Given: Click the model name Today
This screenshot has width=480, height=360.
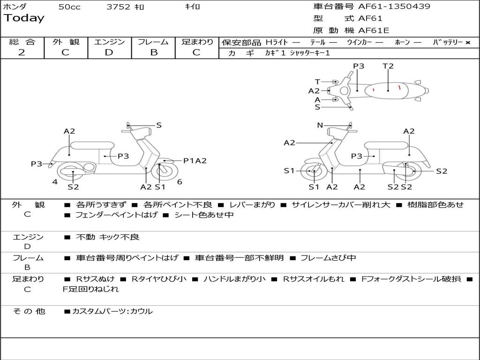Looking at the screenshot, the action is (24, 18).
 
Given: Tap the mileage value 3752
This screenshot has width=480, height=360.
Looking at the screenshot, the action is (119, 7).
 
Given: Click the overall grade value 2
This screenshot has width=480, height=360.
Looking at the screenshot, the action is (22, 52).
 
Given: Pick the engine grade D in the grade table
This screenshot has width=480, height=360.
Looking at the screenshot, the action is (109, 52).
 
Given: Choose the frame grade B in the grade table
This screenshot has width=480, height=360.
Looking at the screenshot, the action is (154, 52).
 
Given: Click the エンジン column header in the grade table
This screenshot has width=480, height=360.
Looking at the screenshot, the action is (109, 42).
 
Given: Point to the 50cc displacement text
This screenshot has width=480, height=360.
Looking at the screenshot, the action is (69, 7).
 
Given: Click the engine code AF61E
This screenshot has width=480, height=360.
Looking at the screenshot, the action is (374, 31).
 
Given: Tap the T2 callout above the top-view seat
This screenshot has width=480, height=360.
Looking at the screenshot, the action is (388, 66).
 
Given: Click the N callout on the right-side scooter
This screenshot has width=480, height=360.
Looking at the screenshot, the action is (320, 125).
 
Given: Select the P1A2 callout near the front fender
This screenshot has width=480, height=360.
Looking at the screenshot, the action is (195, 161).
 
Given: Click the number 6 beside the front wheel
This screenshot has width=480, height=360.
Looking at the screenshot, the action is (180, 182).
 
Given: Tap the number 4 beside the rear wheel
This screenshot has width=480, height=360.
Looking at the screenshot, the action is (55, 182).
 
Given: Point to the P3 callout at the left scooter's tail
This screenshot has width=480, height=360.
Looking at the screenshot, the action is (37, 164).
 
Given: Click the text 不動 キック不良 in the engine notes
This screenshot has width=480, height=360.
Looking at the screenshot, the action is (108, 237).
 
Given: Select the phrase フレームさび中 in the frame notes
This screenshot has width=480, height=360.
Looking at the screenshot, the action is (328, 258).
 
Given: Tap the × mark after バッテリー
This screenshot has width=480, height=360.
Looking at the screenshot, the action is (467, 42).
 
